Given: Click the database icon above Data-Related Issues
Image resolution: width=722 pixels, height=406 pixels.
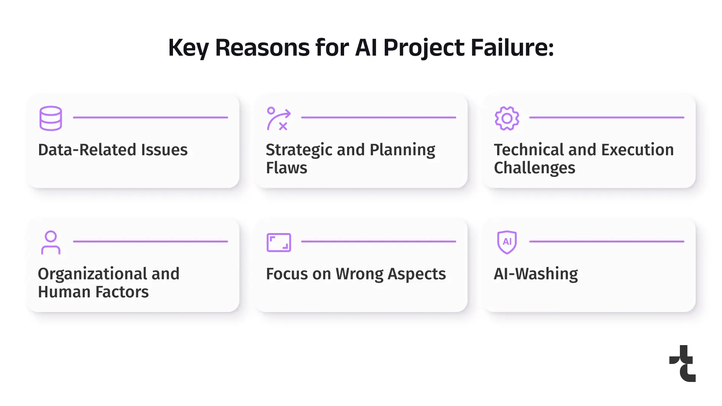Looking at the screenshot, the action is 51,118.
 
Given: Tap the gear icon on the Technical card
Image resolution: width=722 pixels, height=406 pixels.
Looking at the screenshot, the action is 507,118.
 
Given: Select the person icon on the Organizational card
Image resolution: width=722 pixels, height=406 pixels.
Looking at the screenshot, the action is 51,242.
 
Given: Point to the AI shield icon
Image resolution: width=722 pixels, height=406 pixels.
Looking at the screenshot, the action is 507,242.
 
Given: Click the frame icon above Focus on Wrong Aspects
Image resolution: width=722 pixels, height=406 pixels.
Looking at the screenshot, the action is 279,234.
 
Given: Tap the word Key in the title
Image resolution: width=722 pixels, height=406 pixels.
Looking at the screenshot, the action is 188,48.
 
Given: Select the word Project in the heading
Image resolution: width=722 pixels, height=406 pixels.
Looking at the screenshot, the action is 424,48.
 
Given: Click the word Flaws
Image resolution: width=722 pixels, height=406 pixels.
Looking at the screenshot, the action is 287,168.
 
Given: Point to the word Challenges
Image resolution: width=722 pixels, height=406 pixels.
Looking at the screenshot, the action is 534,168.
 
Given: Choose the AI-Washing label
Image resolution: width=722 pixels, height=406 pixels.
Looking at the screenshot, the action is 535,274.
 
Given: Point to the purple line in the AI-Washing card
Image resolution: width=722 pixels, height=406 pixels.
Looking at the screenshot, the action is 607,241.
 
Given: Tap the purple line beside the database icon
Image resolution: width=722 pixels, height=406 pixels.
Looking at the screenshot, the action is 150,117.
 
